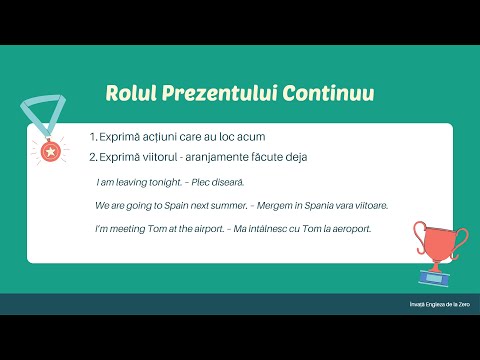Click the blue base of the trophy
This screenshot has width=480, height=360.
[x=438, y=271]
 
